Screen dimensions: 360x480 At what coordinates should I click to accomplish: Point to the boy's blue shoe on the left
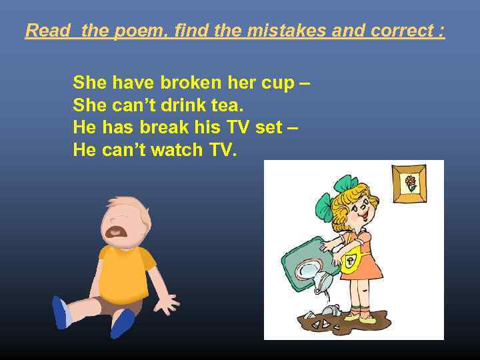(61, 312)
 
